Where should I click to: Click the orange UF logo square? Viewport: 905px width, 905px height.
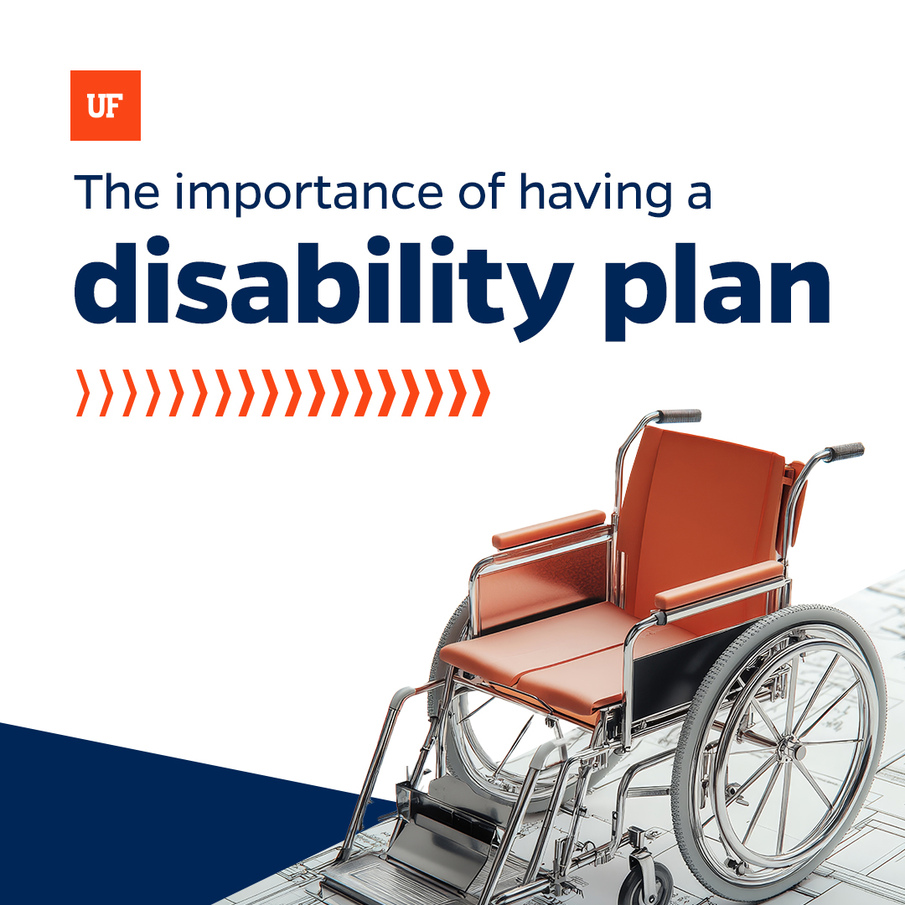point(105,105)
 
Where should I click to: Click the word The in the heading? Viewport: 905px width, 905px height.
point(117,192)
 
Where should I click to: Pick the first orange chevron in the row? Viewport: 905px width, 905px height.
point(83,393)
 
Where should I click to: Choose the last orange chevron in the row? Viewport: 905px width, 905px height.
point(481,393)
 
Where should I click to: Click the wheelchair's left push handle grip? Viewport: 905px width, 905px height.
point(680,416)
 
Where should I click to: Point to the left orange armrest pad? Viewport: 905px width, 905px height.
point(549,530)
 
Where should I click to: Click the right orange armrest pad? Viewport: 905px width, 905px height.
point(719,586)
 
